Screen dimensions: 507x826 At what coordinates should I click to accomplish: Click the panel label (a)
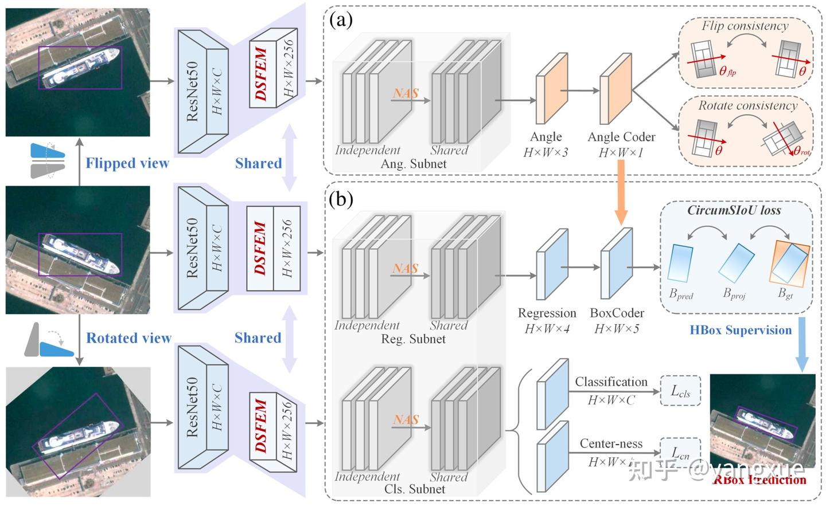(341, 21)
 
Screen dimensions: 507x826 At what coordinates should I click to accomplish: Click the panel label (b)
(341, 199)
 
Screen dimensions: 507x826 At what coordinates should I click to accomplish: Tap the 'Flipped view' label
(127, 163)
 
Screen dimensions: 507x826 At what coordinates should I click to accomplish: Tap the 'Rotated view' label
(128, 338)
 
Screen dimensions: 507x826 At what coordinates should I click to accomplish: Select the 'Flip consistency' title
(745, 26)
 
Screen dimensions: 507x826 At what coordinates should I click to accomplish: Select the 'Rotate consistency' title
(747, 105)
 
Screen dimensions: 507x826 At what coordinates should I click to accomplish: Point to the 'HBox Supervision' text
(741, 330)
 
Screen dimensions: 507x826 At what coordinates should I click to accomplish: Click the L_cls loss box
(681, 391)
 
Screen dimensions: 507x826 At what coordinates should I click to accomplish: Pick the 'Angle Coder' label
(621, 137)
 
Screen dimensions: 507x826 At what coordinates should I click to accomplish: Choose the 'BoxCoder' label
(617, 313)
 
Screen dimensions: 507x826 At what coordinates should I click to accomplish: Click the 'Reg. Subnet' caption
(413, 339)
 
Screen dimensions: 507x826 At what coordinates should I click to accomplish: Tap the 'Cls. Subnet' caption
(414, 489)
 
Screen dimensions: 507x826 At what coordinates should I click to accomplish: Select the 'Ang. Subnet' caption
(414, 164)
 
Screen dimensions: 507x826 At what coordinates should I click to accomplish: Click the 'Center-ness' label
(611, 443)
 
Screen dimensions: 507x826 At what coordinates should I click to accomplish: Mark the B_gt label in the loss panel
(785, 293)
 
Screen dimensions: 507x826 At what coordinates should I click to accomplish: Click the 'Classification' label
(611, 382)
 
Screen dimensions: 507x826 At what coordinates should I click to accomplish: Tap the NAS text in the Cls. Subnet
(406, 419)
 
